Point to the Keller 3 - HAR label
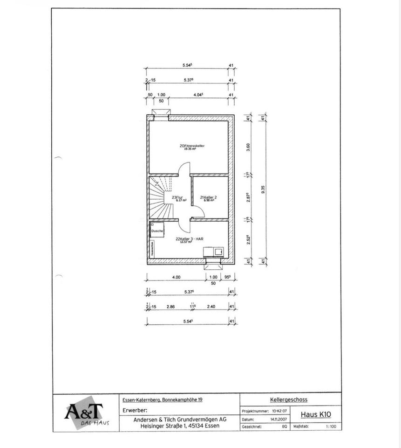click(x=190, y=238)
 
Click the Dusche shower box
click(x=156, y=231)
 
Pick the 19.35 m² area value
click(x=190, y=149)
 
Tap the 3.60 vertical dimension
click(x=249, y=147)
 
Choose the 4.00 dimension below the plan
click(x=176, y=277)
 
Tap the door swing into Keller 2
click(x=198, y=213)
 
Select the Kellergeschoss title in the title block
click(x=288, y=399)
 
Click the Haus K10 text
click(x=316, y=414)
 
